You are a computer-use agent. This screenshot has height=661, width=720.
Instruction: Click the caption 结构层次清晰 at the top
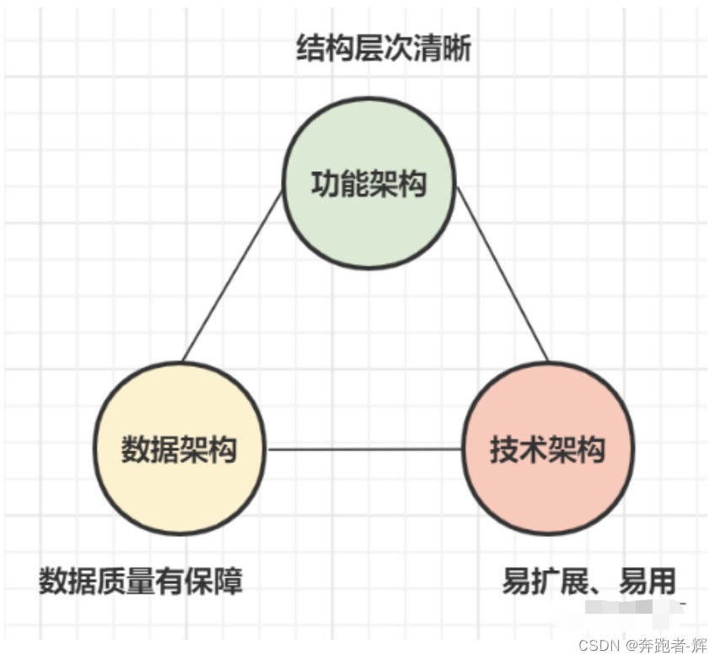tap(384, 49)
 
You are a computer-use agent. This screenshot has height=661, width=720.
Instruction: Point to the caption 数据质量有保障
tap(141, 581)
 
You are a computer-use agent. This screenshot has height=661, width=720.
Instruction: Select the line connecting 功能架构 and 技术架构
tap(502, 275)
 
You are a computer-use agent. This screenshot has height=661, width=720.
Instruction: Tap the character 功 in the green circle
tap(325, 184)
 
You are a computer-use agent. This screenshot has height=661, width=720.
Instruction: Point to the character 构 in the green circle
tap(412, 184)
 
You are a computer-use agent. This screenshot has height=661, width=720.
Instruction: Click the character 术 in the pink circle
tap(534, 449)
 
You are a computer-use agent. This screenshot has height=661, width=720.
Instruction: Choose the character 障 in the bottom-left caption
tap(228, 581)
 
